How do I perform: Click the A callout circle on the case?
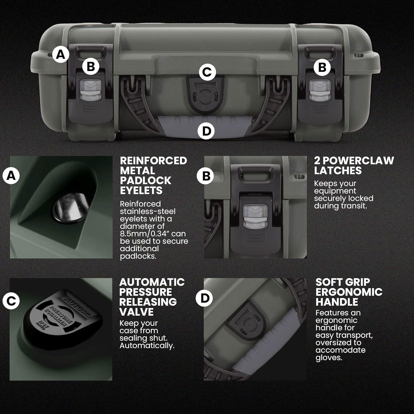point(61,54)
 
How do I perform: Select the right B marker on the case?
point(322,67)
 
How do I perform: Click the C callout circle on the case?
point(207,72)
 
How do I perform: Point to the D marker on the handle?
point(206,131)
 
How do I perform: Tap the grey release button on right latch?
point(319,91)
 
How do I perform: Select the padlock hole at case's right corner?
point(359,55)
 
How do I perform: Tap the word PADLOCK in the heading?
point(145,181)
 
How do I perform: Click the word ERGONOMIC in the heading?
point(349,292)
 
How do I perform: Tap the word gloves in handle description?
point(328,358)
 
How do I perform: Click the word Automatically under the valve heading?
point(147,346)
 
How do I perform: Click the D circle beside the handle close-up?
point(204,298)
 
